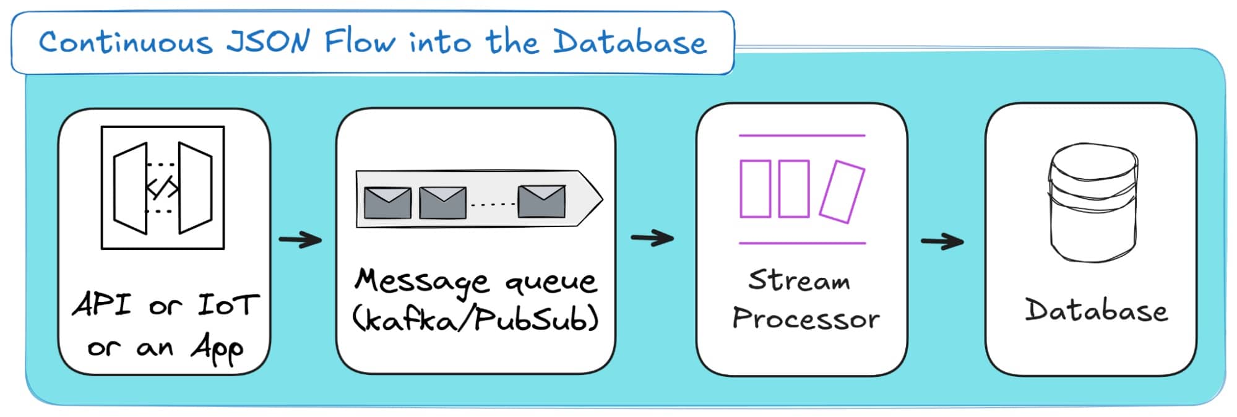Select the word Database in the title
[x=629, y=42]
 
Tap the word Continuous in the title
[x=126, y=42]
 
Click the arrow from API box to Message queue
[x=301, y=239]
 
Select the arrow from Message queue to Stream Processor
[x=652, y=238]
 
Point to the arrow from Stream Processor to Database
[x=942, y=241]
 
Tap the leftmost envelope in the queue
[x=387, y=202]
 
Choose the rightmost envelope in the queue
[x=541, y=201]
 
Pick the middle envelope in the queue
[x=442, y=202]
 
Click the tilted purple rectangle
[x=842, y=191]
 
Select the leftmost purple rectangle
[x=755, y=189]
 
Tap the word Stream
[x=799, y=280]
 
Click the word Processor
[x=806, y=318]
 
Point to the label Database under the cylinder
[x=1096, y=310]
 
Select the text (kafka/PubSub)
[x=475, y=319]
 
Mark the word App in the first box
[x=217, y=350]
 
